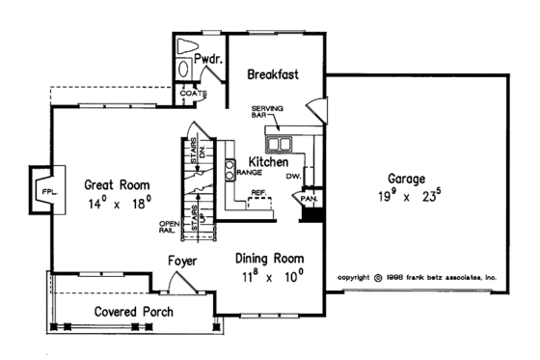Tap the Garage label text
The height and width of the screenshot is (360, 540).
(408, 180)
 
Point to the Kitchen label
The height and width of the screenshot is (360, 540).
(268, 163)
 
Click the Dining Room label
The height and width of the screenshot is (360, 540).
(270, 259)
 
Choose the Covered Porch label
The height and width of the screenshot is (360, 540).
(132, 313)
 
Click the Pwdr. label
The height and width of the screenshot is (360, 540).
(208, 59)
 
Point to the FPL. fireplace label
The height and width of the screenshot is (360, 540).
(46, 192)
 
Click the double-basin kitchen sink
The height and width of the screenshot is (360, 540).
(282, 146)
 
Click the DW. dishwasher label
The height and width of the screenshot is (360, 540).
(294, 177)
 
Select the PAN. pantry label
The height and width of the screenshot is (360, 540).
(310, 198)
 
